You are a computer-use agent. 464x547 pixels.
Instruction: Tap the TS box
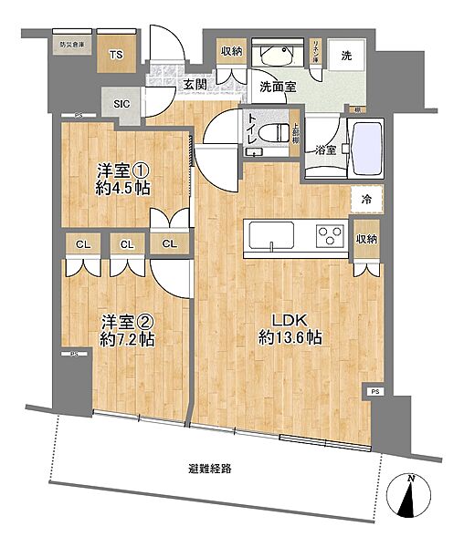115,55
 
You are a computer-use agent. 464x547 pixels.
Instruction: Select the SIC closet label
121,103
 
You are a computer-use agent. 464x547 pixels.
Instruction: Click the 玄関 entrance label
192,86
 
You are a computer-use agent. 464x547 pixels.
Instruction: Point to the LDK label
283,320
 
